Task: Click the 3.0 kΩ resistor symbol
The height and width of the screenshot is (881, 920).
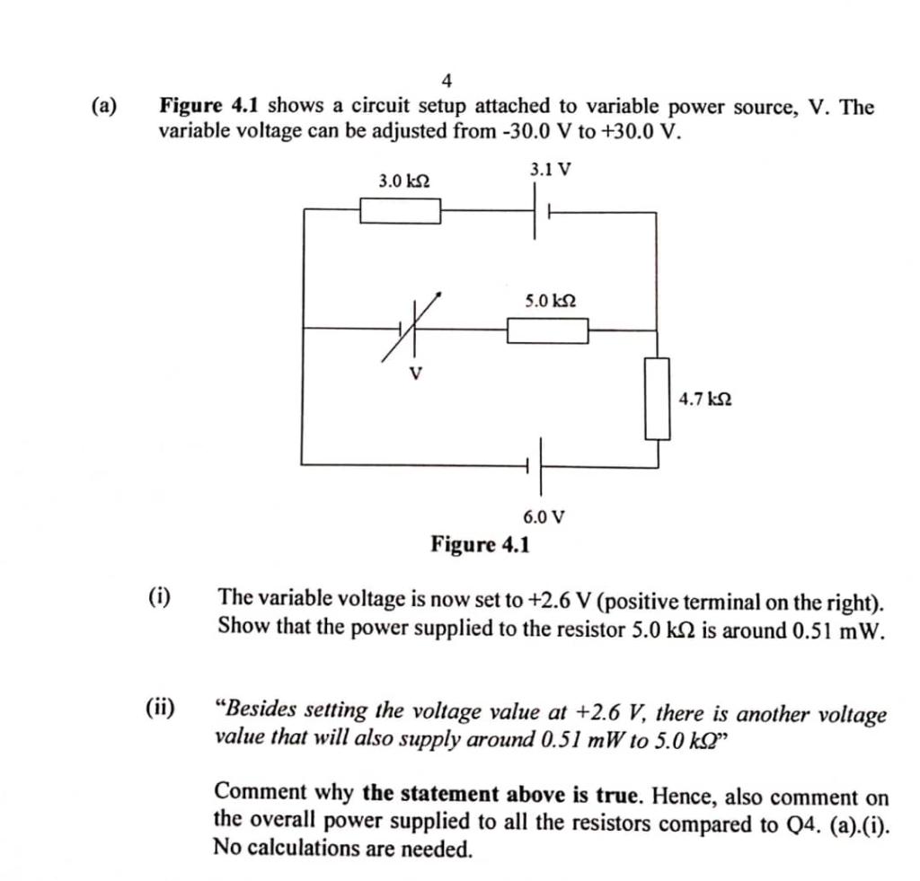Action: click(400, 211)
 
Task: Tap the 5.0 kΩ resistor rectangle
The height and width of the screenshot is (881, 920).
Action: click(548, 330)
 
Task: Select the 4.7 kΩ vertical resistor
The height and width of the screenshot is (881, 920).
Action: click(659, 398)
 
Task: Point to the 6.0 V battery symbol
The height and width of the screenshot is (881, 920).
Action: click(537, 465)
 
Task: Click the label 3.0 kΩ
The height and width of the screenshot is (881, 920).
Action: click(403, 181)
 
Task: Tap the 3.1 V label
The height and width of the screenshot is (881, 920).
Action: click(550, 169)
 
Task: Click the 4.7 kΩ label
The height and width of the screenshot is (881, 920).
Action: click(704, 398)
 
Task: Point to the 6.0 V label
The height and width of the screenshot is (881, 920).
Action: click(544, 516)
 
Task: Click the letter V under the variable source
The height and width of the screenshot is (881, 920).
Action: click(415, 373)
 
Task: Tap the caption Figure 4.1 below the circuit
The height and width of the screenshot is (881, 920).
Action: click(481, 544)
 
